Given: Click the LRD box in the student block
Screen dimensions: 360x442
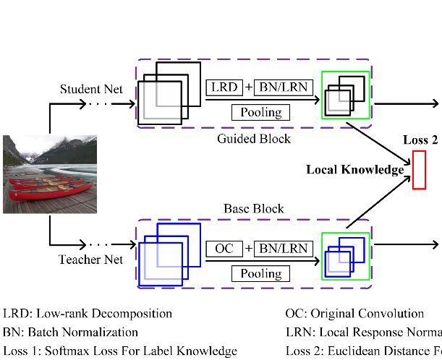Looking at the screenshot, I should (225, 87).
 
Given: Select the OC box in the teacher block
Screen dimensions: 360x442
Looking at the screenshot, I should (225, 249).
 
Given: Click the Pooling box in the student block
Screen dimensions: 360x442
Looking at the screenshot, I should (260, 112).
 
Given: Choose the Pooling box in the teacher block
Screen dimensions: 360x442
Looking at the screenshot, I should (260, 273).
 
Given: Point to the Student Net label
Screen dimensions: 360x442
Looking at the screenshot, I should (90, 90).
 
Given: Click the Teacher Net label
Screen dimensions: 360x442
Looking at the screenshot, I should (90, 259).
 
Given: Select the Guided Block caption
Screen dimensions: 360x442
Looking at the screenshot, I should (253, 139).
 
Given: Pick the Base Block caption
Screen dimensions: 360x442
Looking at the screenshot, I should (253, 209).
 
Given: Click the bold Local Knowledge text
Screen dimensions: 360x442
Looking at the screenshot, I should (354, 170).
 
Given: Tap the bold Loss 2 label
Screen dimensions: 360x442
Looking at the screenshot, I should (420, 140).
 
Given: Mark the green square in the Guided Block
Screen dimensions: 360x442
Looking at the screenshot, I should (345, 94).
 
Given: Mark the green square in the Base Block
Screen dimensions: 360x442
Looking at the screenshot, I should (345, 256).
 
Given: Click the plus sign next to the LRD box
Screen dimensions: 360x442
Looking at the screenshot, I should (249, 87).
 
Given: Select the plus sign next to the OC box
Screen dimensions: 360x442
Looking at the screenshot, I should (249, 249).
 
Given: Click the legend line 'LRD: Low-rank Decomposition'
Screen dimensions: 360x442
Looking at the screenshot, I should (88, 314).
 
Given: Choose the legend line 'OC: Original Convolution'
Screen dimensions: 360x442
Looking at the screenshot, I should (354, 314).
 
